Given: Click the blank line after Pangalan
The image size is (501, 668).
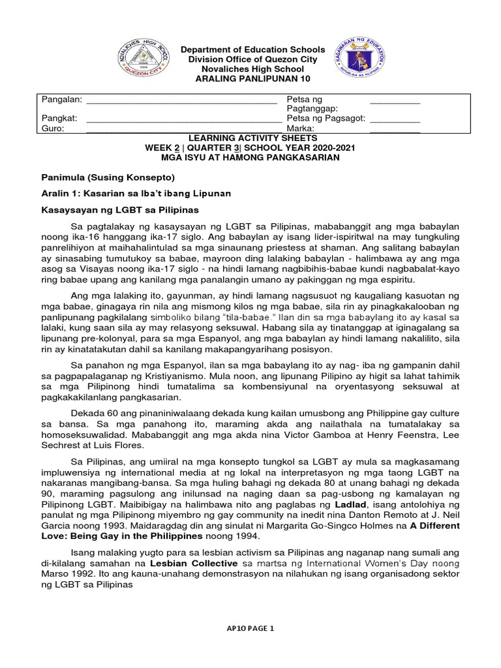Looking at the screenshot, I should (x=181, y=100).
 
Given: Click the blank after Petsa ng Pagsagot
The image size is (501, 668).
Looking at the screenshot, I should (x=395, y=119).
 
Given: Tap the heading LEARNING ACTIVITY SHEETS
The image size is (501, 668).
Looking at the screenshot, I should (x=252, y=138).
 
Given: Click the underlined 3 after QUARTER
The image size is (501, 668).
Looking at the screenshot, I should (x=248, y=148).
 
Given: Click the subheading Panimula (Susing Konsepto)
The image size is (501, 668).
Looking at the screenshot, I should (x=108, y=177).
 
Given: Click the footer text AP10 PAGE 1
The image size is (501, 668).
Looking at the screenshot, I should (x=251, y=628).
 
